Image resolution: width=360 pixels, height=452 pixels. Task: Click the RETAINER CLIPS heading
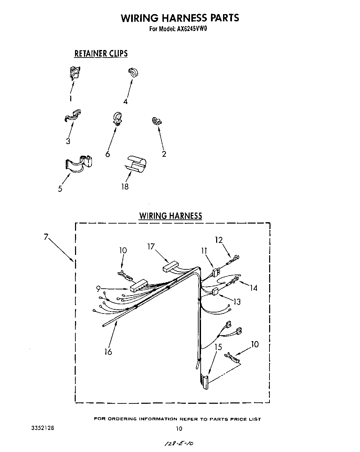101,53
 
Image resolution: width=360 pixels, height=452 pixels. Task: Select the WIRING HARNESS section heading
170,216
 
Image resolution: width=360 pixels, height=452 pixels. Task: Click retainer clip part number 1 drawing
75,73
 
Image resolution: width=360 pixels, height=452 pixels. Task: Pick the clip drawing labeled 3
73,115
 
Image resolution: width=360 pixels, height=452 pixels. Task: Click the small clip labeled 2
157,121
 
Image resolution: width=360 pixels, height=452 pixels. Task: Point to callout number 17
151,247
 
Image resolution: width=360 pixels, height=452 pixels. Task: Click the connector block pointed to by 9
138,285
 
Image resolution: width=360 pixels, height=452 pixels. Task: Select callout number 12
219,240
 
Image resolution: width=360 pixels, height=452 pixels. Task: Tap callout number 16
108,351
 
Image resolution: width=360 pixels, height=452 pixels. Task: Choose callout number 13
237,302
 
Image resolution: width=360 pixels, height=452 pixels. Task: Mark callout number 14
254,288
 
